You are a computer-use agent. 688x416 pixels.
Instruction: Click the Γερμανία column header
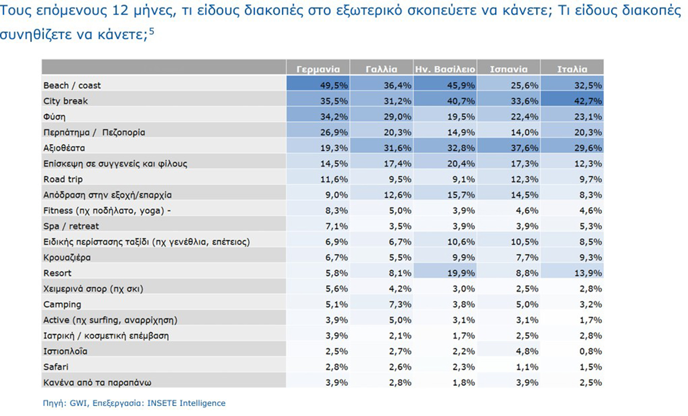point(318,69)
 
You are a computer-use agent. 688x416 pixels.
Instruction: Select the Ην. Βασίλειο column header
point(444,69)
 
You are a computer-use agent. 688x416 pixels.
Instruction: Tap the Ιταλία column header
point(572,69)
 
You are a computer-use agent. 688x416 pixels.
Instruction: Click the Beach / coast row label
point(72,85)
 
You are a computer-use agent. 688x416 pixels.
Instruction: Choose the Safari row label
point(56,367)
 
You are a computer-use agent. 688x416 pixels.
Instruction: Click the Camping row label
point(62,304)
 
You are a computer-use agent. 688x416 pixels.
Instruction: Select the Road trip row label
point(63,179)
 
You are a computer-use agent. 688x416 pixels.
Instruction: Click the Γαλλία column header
point(381,69)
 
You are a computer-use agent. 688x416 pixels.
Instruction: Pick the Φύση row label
point(54,117)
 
